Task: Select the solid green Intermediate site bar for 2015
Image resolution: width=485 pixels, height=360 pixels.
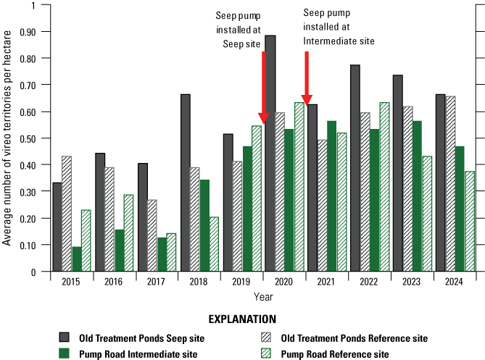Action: [x=77, y=259]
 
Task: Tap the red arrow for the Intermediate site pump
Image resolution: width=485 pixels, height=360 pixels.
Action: [x=307, y=79]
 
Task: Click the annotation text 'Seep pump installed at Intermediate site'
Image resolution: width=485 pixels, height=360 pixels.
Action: [x=339, y=27]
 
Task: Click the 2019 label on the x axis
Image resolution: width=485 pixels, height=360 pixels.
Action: [x=241, y=282]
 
